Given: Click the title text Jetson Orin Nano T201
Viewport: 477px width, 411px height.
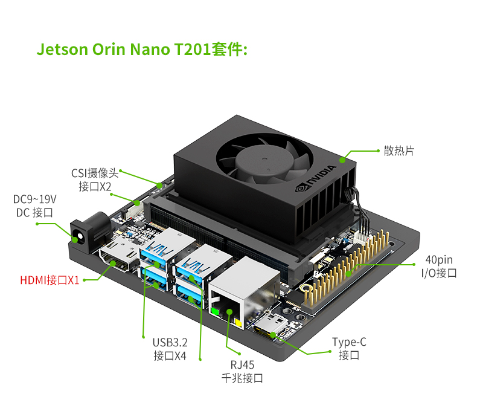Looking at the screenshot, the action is coord(124,50).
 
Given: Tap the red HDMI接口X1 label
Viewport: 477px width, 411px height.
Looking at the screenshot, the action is coord(50,280).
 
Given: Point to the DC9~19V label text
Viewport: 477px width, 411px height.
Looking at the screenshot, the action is coord(34,199).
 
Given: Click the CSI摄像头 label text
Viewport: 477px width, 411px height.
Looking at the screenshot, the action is coord(95,173).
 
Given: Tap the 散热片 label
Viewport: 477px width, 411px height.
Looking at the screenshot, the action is coord(399,150).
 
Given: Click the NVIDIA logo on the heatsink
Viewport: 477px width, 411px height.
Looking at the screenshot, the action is coord(316,178).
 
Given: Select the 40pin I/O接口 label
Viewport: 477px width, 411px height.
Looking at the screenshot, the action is coord(439,267).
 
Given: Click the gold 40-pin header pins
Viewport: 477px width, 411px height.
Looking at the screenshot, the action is coord(347,267).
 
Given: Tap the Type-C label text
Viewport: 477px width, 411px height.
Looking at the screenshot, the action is coord(349,342).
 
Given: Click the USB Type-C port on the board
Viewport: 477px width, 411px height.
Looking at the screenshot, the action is coord(269,328).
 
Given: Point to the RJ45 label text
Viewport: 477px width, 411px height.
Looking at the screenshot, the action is coord(242,364).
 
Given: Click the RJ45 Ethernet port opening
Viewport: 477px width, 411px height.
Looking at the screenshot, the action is coord(226,308).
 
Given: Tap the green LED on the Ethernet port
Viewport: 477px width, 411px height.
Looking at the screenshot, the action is coord(215,311).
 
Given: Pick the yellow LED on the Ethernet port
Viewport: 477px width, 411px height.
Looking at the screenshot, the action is coord(238,322).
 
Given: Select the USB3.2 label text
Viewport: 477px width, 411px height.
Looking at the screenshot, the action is coord(170,343).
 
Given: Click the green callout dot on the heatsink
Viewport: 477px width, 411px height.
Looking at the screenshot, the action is coord(342,160).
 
